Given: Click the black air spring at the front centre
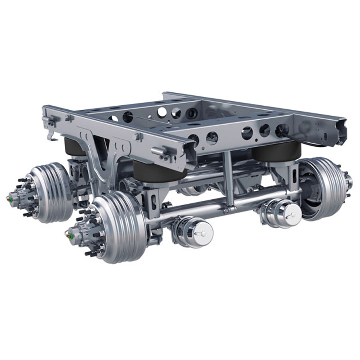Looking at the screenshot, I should [160, 171].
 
